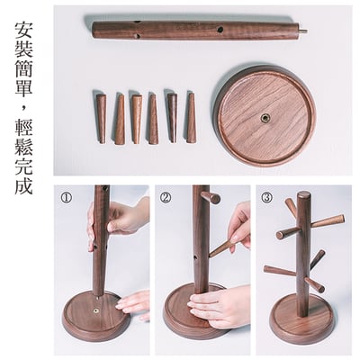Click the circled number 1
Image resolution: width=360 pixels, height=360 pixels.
pyautogui.click(x=66, y=197)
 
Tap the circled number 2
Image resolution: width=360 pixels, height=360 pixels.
pyautogui.click(x=166, y=197)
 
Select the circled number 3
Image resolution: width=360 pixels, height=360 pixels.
pyautogui.click(x=266, y=197)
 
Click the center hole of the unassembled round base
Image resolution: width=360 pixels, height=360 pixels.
pyautogui.click(x=265, y=118)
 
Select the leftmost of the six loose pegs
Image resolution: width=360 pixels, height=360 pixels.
pyautogui.click(x=100, y=116)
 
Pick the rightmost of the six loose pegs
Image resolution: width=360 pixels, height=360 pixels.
pyautogui.click(x=191, y=117)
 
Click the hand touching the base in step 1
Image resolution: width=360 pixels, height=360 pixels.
pyautogui.click(x=135, y=302)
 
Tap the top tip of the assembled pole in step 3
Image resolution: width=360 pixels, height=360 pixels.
pyautogui.click(x=303, y=195)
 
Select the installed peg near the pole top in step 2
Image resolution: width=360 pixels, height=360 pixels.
pyautogui.click(x=211, y=197)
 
